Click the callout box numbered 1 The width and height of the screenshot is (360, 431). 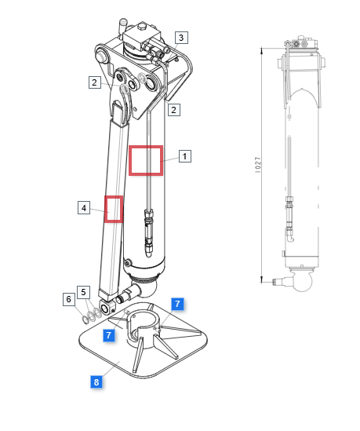pos(185,156)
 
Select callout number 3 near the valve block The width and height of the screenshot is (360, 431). pos(181,38)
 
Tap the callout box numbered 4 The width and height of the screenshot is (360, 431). pos(84,207)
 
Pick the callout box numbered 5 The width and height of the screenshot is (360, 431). pos(83,292)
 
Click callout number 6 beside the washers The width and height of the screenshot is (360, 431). pos(69,299)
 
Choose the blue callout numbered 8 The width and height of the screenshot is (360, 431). pos(96,382)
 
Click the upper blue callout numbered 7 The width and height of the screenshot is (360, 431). pos(177,304)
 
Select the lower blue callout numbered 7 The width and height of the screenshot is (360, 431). pos(109,335)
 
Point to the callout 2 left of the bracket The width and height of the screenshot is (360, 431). pos(95,82)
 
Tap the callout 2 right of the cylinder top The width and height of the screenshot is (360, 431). pos(174,110)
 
